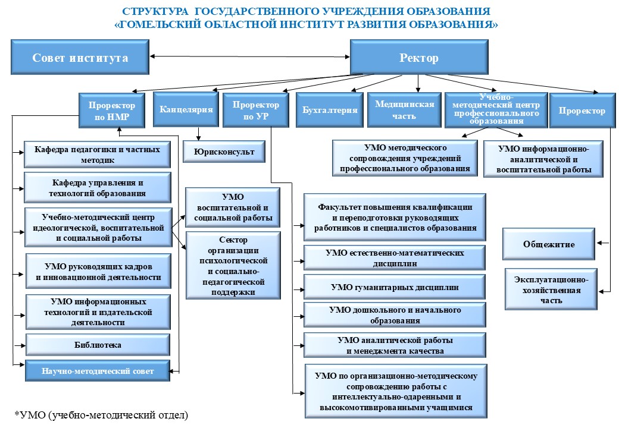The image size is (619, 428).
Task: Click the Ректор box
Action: [418, 58]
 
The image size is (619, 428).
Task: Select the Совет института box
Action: [80, 58]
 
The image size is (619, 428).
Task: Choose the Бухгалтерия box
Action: [330, 110]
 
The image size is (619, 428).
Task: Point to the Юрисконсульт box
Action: [224, 152]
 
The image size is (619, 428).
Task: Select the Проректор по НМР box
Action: [112, 111]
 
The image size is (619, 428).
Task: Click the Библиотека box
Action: [98, 345]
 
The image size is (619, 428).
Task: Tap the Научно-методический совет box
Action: [98, 372]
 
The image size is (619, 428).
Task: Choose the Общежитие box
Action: [549, 244]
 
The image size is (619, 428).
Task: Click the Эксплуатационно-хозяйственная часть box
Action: [549, 289]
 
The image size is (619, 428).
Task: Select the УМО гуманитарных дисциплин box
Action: [395, 287]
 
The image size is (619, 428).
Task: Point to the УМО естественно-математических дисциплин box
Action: [395, 257]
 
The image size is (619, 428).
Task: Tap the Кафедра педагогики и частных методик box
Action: [97, 155]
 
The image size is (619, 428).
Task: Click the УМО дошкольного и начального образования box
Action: [395, 315]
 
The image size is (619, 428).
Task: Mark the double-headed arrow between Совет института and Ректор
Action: [249, 57]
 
